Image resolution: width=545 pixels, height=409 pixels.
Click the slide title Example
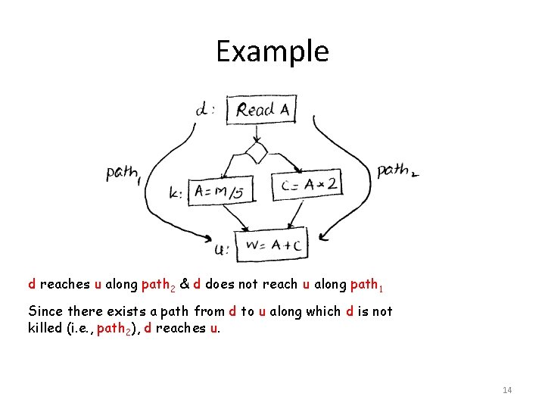[272, 52]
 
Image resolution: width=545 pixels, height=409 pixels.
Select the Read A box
[262, 109]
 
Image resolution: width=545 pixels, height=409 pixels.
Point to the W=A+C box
[273, 244]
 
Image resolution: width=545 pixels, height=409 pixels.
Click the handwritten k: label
[176, 193]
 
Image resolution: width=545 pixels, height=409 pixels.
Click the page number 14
[507, 390]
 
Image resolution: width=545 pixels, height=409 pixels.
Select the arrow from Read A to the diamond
[257, 133]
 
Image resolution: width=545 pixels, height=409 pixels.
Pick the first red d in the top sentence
[32, 285]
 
